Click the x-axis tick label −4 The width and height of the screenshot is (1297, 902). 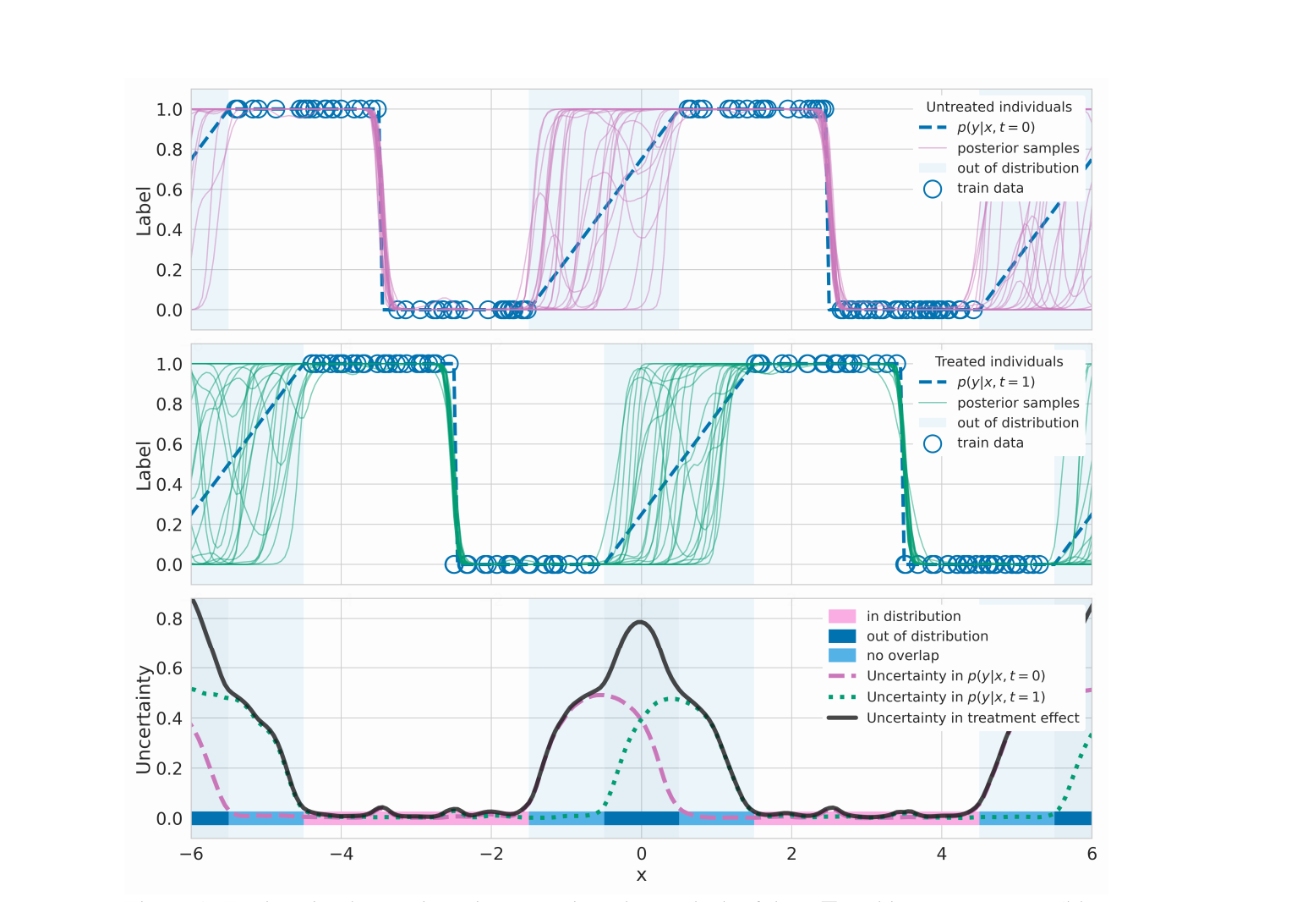[341, 854]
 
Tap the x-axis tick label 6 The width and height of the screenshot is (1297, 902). [1092, 854]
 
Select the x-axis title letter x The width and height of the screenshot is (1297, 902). [641, 875]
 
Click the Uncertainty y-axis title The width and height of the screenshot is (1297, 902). [143, 719]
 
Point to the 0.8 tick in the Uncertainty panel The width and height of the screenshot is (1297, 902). [169, 619]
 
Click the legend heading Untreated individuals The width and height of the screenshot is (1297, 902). [999, 107]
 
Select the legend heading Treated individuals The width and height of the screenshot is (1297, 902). [999, 361]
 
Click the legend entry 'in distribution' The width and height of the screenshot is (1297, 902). [913, 616]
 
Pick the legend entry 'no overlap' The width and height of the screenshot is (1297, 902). [902, 656]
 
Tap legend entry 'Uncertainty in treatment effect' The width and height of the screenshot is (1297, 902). [972, 718]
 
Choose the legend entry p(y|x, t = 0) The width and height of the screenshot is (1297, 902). [995, 128]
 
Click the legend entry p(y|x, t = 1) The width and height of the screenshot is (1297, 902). [995, 382]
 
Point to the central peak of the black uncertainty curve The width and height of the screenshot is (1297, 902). [641, 622]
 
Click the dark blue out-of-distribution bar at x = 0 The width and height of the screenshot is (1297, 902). [641, 818]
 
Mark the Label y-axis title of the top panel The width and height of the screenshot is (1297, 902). [143, 211]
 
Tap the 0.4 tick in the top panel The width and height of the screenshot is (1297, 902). [169, 229]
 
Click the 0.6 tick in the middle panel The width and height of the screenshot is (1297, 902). [169, 444]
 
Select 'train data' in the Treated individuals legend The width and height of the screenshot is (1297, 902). [989, 443]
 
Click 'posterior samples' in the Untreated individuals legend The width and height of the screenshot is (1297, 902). [1017, 148]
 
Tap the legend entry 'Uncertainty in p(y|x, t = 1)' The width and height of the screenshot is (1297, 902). [955, 697]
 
